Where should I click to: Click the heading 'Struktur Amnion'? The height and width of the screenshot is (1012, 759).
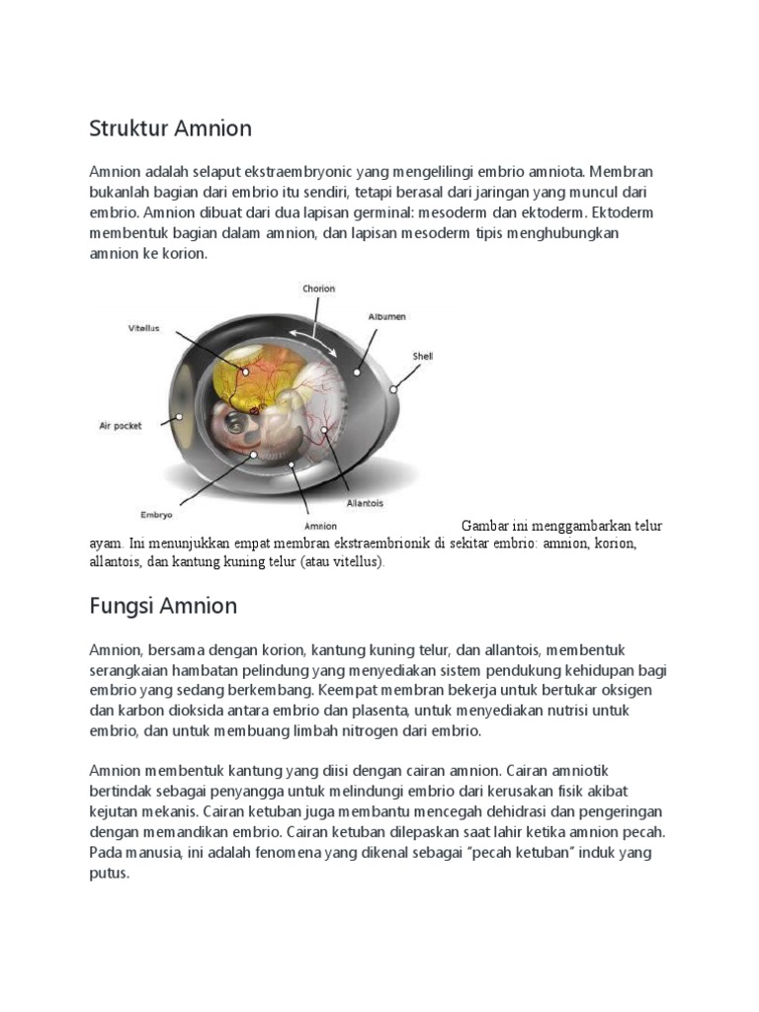[x=170, y=128]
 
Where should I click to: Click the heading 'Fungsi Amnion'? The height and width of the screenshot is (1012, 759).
[x=163, y=605]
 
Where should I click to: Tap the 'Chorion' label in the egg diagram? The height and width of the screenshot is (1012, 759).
[x=318, y=289]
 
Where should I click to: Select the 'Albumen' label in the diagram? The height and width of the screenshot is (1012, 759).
[x=386, y=317]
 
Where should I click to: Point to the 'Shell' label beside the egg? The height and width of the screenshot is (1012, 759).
[x=423, y=356]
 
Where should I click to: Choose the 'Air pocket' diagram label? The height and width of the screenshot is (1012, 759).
[x=120, y=426]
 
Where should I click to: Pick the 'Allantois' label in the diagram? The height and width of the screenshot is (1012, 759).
[x=365, y=503]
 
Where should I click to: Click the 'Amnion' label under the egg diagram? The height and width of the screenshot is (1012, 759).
[x=321, y=527]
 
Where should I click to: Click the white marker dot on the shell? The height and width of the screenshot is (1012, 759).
[x=393, y=388]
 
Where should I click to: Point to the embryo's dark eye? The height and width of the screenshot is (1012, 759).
[x=234, y=422]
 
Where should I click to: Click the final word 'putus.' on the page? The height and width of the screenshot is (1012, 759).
[x=109, y=874]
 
